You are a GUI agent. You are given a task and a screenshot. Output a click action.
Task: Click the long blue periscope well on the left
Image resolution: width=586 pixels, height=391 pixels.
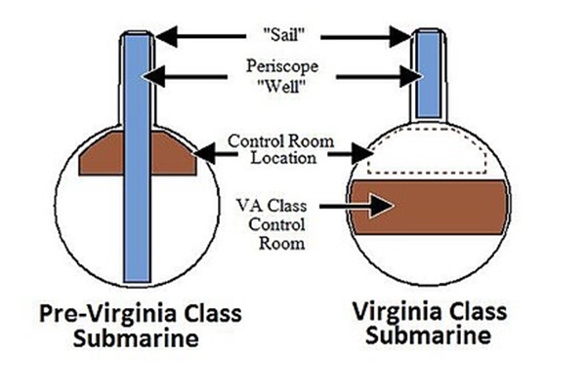tap(138, 195)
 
